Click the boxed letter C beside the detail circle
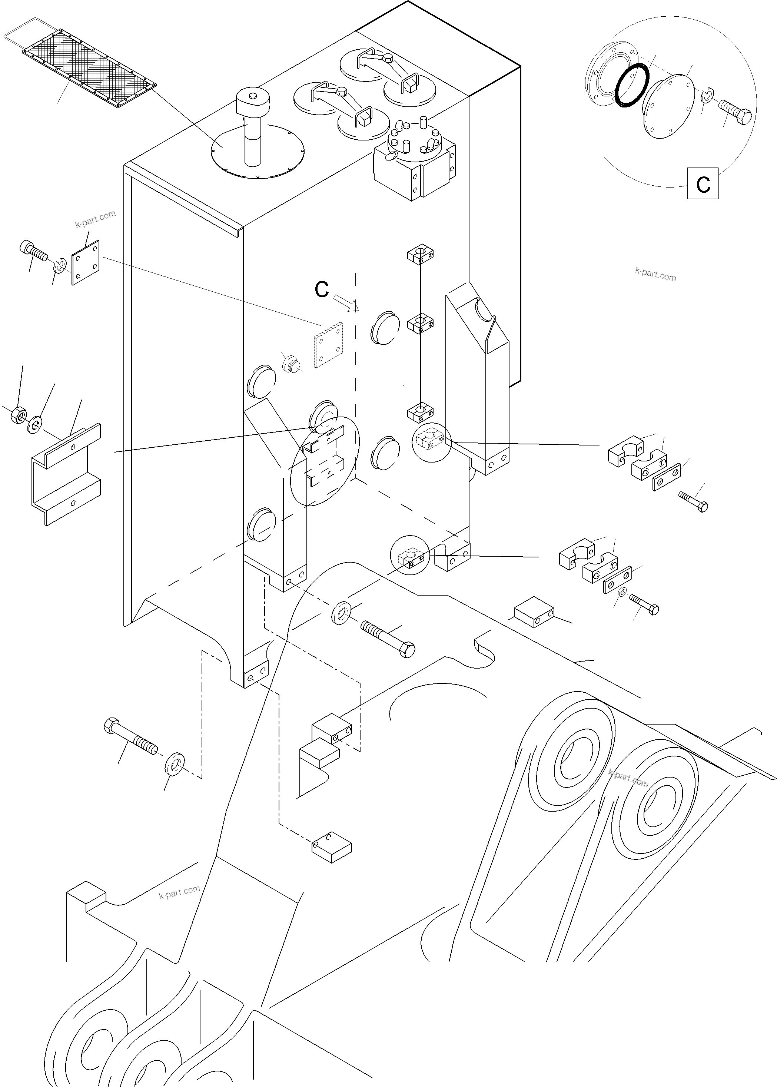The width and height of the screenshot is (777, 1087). pyautogui.click(x=703, y=183)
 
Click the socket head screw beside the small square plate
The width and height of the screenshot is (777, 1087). pyautogui.click(x=33, y=251)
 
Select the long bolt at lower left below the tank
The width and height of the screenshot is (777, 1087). pyautogui.click(x=130, y=739)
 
